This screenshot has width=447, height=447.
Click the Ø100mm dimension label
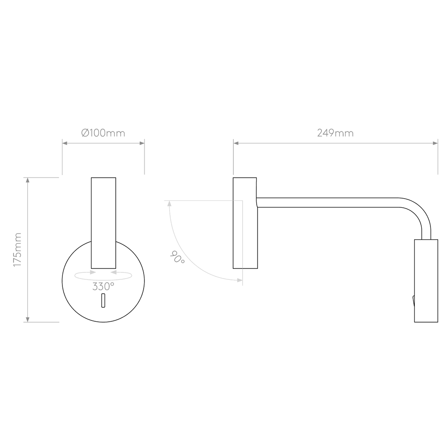(x=103, y=133)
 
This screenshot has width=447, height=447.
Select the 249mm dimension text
(x=335, y=133)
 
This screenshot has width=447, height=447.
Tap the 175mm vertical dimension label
(x=17, y=250)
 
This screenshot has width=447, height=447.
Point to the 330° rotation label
(x=103, y=286)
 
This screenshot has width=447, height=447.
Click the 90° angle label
(x=177, y=257)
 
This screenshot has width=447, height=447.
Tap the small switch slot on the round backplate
(x=103, y=300)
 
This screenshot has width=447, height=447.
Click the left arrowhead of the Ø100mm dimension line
(x=65, y=143)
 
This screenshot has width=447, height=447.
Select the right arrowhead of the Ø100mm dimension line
(x=142, y=143)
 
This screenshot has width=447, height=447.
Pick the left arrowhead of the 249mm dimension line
(x=236, y=143)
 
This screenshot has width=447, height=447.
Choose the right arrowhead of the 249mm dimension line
(x=435, y=143)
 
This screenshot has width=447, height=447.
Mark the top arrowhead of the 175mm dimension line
(x=28, y=180)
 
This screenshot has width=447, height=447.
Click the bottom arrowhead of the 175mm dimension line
(x=28, y=320)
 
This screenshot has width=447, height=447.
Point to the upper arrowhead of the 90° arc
(x=169, y=203)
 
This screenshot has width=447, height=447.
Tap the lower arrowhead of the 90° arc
(x=240, y=281)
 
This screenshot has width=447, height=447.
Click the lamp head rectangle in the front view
(x=103, y=223)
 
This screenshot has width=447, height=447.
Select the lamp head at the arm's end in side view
(x=426, y=281)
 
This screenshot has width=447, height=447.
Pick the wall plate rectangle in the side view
(x=245, y=223)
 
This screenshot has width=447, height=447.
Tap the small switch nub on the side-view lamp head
(x=413, y=301)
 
